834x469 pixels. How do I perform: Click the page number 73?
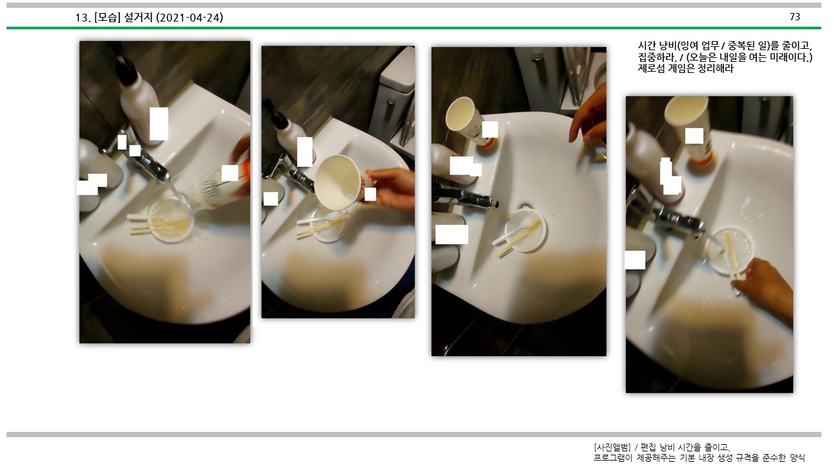pos(795,17)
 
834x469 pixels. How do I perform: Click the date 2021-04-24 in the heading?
pos(190,18)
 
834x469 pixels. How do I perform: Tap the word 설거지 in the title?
pos(138,18)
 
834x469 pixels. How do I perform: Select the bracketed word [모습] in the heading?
pos(108,18)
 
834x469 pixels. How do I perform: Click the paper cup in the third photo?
pos(470,121)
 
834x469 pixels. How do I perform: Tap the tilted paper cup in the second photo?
pos(343,182)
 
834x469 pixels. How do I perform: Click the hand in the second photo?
pos(392,187)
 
